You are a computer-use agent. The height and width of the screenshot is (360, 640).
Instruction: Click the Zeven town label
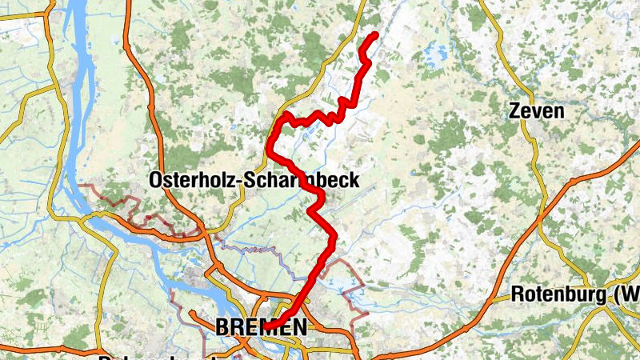(x=536, y=111)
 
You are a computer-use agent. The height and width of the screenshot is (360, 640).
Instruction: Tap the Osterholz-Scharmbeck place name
(x=254, y=181)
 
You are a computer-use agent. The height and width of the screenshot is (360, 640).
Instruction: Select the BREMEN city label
(x=261, y=326)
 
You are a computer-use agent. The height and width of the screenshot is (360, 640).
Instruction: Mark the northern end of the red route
(x=375, y=34)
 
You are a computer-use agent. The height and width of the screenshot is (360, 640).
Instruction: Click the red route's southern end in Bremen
(x=277, y=325)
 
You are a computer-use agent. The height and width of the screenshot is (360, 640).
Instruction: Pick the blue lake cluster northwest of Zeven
(x=437, y=54)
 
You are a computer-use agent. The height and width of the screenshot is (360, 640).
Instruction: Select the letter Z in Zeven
(x=515, y=111)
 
